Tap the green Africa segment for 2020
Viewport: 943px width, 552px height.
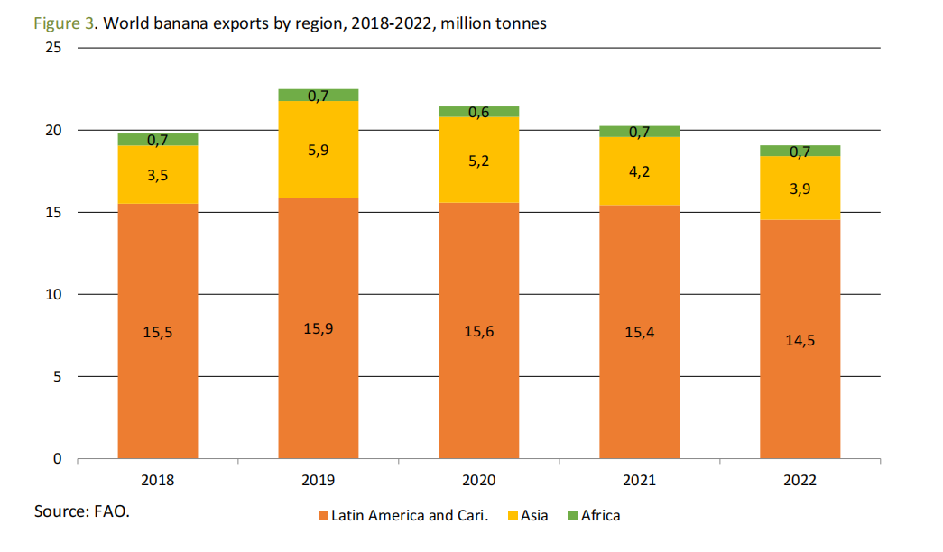(x=479, y=112)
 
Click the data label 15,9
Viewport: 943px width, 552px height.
(x=319, y=328)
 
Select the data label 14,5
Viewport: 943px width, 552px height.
(x=800, y=340)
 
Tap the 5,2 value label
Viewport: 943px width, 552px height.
(x=479, y=160)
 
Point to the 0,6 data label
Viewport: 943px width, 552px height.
(x=479, y=112)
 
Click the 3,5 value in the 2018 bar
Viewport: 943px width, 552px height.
(x=158, y=175)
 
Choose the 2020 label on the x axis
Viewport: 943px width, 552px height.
(x=479, y=480)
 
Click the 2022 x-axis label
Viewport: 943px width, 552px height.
(x=800, y=480)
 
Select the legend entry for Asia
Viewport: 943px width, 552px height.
(x=534, y=516)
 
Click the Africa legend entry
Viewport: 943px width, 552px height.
(x=600, y=516)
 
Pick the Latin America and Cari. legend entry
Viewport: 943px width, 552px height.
(x=409, y=516)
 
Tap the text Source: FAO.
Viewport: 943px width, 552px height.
(x=82, y=511)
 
